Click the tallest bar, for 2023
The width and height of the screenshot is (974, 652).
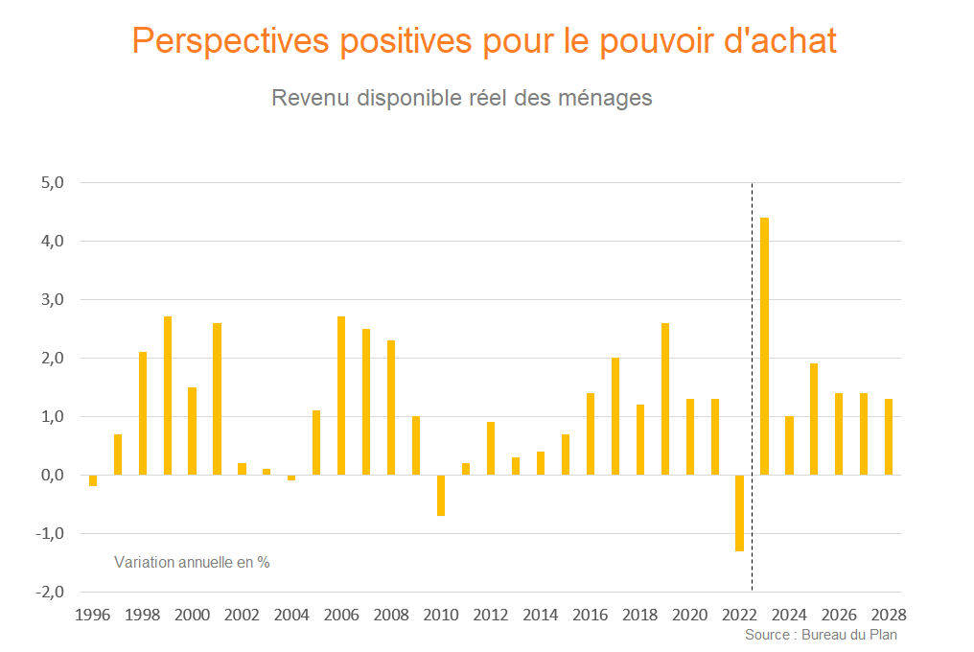(764, 346)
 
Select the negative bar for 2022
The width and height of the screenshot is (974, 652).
(739, 513)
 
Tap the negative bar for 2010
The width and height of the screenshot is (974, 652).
(441, 495)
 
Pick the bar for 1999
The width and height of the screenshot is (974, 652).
(168, 395)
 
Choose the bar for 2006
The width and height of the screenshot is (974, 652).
(341, 395)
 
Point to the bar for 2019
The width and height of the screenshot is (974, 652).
(665, 399)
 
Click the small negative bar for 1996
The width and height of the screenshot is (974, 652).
(93, 480)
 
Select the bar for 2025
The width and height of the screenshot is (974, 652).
(814, 419)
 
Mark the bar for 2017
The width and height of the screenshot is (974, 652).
(615, 416)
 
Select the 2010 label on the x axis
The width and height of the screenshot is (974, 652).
(441, 615)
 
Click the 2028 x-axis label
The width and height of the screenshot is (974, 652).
(889, 615)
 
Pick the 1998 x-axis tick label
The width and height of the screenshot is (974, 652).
(143, 615)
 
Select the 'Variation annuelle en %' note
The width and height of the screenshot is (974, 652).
(192, 562)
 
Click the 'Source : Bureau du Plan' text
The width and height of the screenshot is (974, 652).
(821, 635)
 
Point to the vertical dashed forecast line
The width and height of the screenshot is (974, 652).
(752, 384)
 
